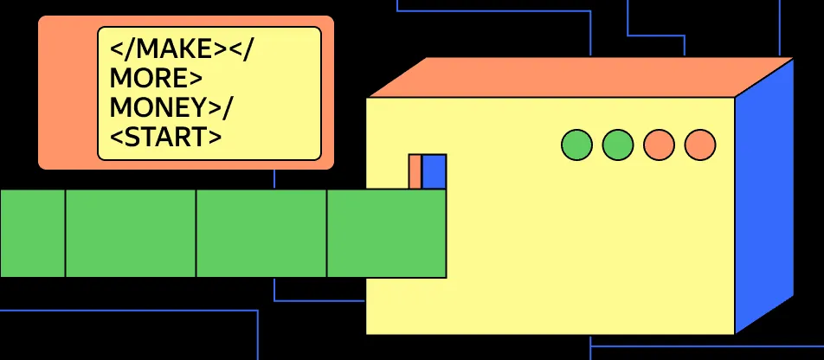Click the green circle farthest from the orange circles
coord(576,145)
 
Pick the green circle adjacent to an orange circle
coord(617,145)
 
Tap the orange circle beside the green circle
coord(659,145)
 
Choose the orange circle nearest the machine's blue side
coord(699,145)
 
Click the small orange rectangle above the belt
coord(415,170)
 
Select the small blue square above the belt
coord(434,170)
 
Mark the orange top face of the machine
coord(580,78)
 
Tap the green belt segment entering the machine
coord(386,234)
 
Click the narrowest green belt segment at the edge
coord(32,234)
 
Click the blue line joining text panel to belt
coord(275,178)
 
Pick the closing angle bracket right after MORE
coord(196,79)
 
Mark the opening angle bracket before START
coord(117,136)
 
